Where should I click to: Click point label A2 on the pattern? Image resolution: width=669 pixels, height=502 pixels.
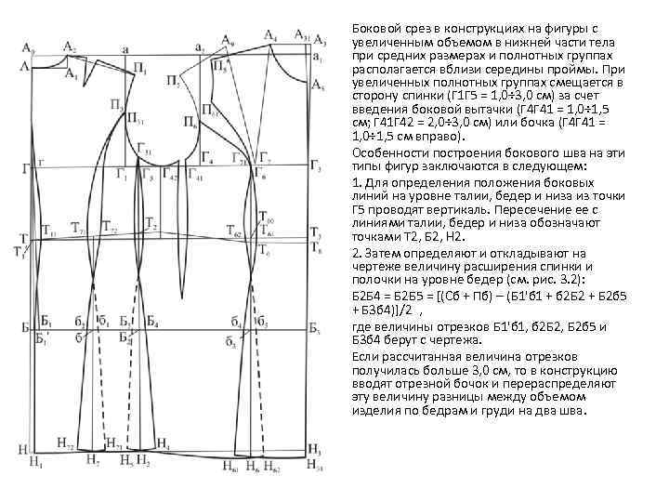(x=70, y=46)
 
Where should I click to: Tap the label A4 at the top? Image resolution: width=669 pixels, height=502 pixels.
(x=269, y=35)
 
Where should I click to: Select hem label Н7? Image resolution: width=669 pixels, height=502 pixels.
(x=91, y=459)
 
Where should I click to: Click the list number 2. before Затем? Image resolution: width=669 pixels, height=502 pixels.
(x=357, y=252)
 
